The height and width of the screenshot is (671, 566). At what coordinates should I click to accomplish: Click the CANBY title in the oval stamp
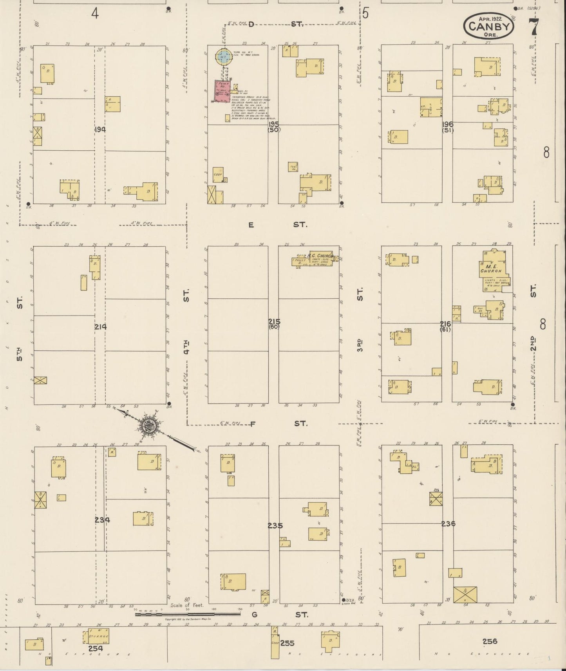pyautogui.click(x=490, y=26)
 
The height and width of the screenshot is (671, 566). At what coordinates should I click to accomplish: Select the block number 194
pyautogui.click(x=100, y=129)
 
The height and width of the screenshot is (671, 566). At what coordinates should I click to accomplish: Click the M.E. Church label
pyautogui.click(x=491, y=268)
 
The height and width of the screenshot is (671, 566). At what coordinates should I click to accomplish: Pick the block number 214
pyautogui.click(x=100, y=326)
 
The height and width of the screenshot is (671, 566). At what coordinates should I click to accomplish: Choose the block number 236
pyautogui.click(x=448, y=523)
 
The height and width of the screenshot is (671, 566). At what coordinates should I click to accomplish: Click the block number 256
pyautogui.click(x=490, y=641)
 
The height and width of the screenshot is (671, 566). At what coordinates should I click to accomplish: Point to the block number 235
pyautogui.click(x=275, y=525)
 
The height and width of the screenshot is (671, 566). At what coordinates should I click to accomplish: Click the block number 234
pyautogui.click(x=102, y=520)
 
